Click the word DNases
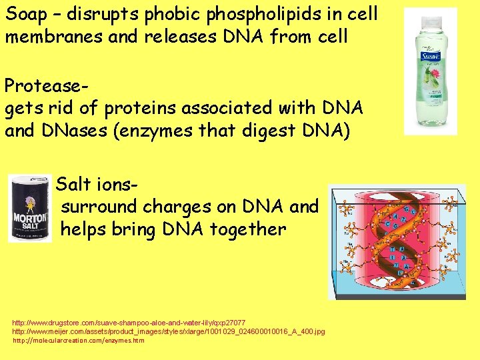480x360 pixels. (81, 130)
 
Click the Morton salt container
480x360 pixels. (30, 208)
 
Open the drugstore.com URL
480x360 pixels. (129, 323)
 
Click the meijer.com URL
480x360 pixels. (169, 331)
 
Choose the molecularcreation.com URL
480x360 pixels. (79, 340)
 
